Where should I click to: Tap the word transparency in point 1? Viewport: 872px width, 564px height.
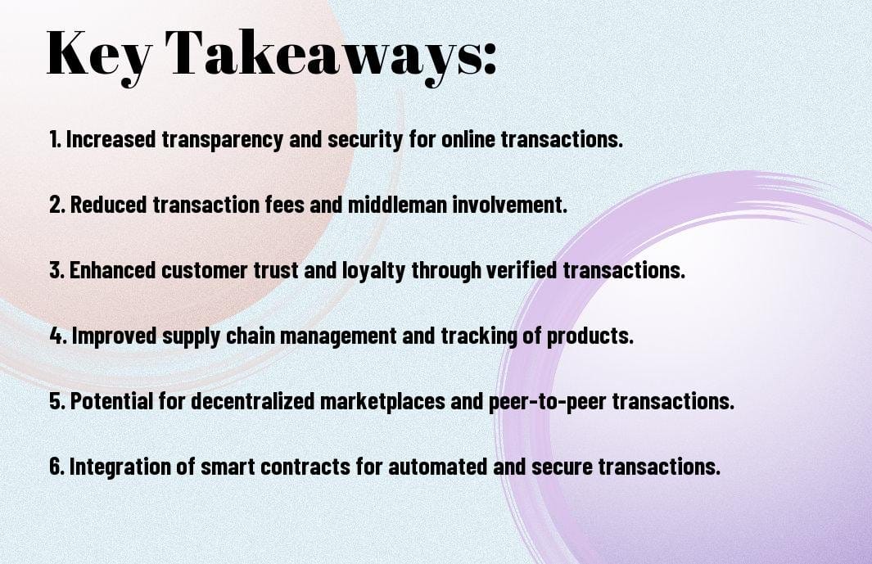pos(224,139)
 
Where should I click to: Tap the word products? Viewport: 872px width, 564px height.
pos(596,336)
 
